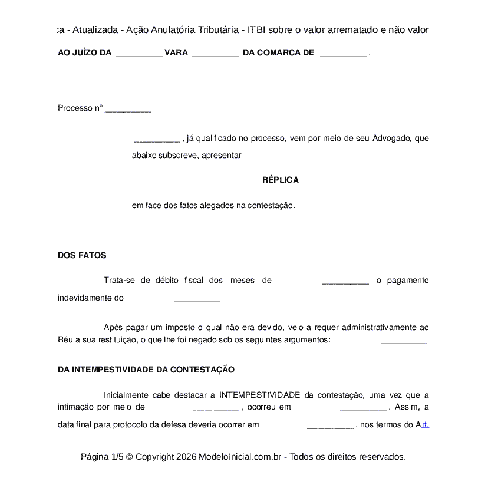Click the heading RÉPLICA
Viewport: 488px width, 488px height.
(281, 180)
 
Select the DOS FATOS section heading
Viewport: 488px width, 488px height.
(82, 255)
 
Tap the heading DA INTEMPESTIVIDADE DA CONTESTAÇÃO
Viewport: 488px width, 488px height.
(146, 370)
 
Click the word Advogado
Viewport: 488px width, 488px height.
(391, 139)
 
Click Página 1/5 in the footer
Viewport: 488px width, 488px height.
(102, 457)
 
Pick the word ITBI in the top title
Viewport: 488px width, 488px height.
(257, 29)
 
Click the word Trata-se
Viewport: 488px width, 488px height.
(119, 280)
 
